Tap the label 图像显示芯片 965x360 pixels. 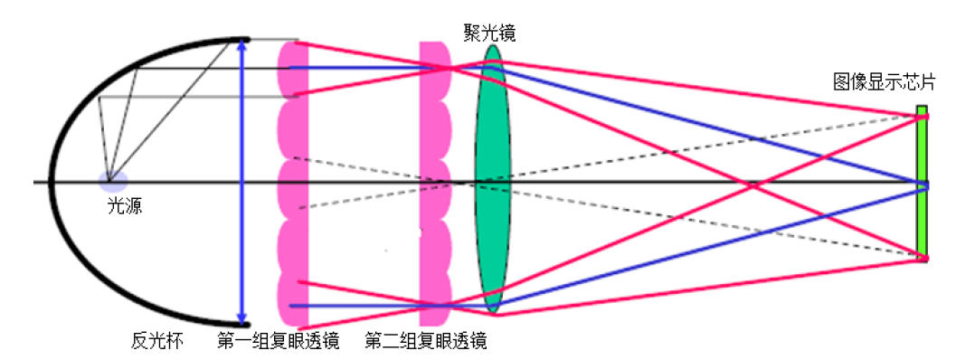tap(884, 84)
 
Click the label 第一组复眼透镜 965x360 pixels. tap(278, 341)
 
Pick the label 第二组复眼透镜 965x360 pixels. tap(425, 341)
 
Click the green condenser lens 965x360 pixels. tap(492, 181)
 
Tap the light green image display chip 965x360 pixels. tap(921, 181)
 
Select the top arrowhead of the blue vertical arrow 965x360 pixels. tap(241, 45)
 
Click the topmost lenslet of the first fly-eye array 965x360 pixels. tap(293, 69)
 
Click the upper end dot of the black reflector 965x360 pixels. tap(243, 39)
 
